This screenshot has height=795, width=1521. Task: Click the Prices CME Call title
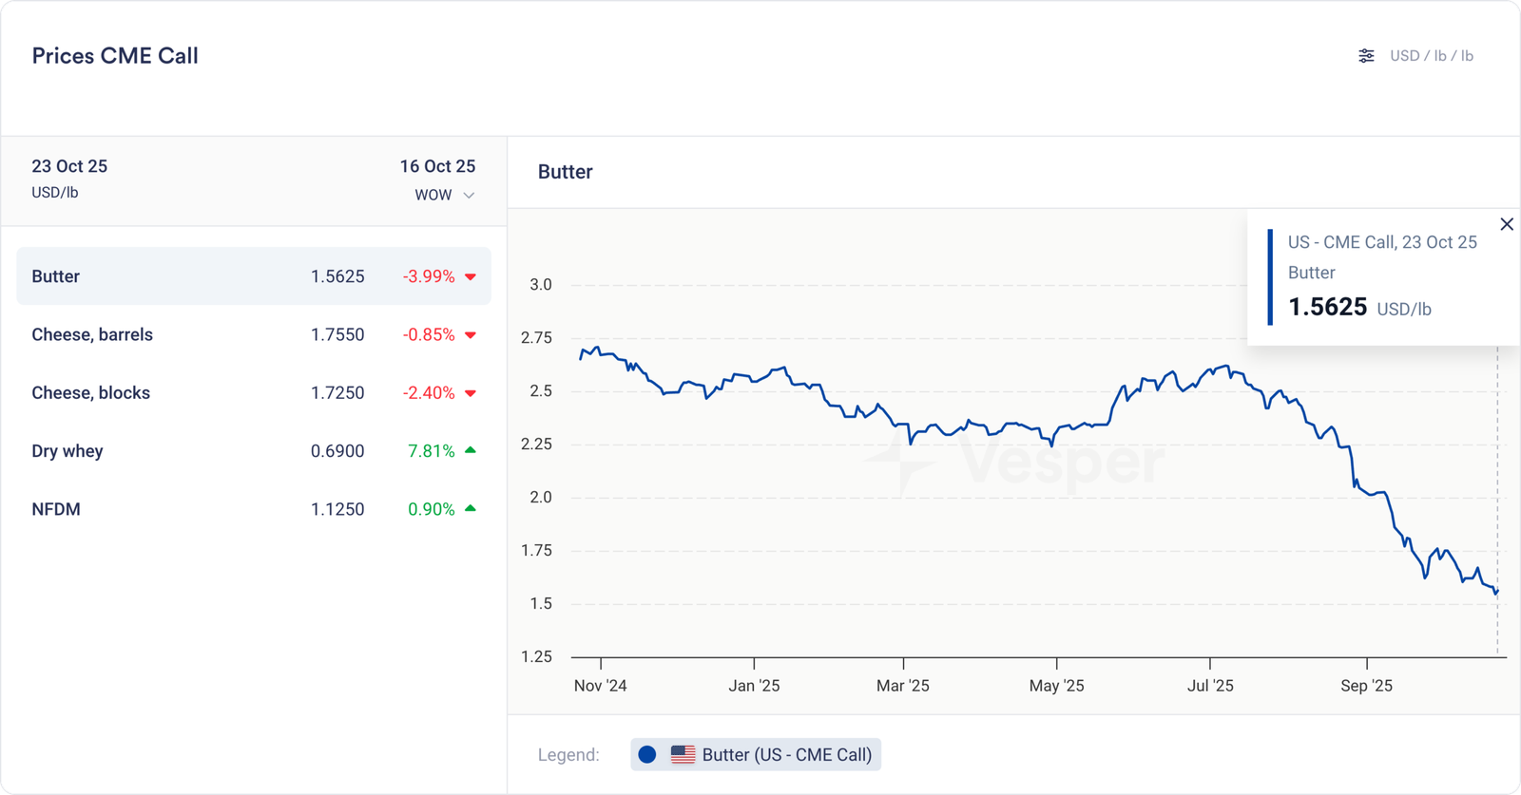(x=115, y=56)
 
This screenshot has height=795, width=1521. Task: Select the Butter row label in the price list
(x=56, y=276)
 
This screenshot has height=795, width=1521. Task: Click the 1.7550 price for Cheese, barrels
(x=337, y=334)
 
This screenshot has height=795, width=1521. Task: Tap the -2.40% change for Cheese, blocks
(x=429, y=393)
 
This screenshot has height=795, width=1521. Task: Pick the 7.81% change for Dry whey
(x=432, y=451)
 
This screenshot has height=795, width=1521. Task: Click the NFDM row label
(x=56, y=509)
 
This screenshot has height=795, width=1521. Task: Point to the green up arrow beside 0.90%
(x=471, y=508)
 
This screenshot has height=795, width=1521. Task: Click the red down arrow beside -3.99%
(x=471, y=277)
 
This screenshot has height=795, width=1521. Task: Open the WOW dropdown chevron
(x=469, y=196)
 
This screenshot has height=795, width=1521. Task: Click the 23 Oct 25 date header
(x=69, y=166)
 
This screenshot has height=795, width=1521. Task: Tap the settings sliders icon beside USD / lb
(x=1366, y=56)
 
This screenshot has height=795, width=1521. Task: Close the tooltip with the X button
(x=1507, y=224)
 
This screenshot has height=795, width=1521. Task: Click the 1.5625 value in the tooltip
(x=1327, y=307)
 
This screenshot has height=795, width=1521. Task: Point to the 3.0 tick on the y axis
(x=541, y=285)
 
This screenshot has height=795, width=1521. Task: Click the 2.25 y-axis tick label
(x=536, y=445)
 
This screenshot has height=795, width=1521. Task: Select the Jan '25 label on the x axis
(x=754, y=686)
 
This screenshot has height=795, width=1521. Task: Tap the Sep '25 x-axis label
(x=1366, y=686)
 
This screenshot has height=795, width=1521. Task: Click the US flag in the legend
(x=683, y=755)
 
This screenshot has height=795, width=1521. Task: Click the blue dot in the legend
(x=647, y=755)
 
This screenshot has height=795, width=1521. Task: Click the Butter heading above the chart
(x=566, y=172)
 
